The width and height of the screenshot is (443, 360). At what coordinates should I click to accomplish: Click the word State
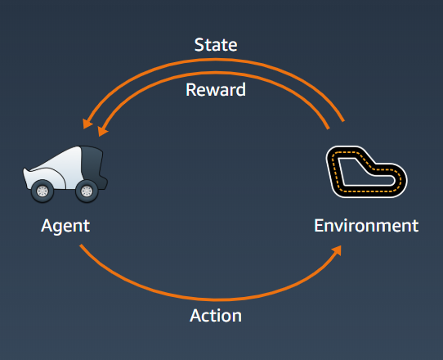click(x=216, y=45)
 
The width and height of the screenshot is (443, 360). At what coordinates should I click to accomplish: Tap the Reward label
click(x=216, y=90)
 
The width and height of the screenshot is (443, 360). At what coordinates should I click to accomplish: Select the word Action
click(x=216, y=315)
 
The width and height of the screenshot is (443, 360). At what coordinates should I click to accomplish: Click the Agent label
click(x=65, y=227)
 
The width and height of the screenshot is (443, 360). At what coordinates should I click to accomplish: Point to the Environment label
click(x=366, y=225)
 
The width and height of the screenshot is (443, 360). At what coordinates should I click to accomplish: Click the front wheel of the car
click(x=43, y=191)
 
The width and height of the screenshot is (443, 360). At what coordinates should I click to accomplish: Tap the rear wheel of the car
click(x=87, y=191)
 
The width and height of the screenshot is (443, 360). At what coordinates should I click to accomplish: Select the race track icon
click(x=366, y=172)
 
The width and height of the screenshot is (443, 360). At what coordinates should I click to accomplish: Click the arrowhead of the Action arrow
click(x=337, y=250)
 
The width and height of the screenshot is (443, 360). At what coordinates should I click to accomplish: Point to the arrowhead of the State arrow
click(x=87, y=123)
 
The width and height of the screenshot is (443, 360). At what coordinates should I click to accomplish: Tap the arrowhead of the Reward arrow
click(x=102, y=130)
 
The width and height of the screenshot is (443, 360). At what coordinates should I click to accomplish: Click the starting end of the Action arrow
click(x=81, y=245)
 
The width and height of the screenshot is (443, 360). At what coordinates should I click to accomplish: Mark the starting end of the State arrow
click(x=343, y=121)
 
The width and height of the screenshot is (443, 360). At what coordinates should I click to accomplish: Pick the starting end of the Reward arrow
click(x=329, y=128)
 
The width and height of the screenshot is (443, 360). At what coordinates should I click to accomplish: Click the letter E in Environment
click(x=319, y=225)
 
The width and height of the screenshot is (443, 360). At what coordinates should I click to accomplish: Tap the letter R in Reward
click(x=190, y=90)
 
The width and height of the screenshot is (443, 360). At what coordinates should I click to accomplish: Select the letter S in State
click(x=199, y=45)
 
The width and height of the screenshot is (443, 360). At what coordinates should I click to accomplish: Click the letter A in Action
click(x=196, y=315)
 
